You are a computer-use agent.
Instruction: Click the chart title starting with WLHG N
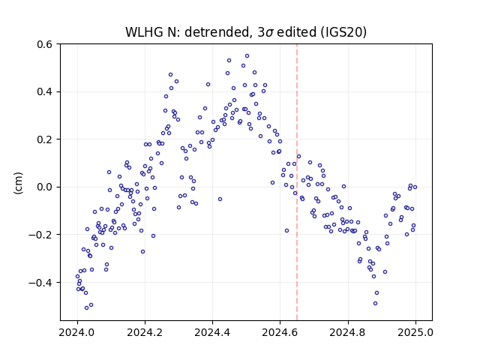tap(246, 31)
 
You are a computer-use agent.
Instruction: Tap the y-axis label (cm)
tap(18, 183)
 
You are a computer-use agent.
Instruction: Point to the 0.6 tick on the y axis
tap(45, 44)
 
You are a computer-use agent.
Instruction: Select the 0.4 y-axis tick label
tap(45, 91)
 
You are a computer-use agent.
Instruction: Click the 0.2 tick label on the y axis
tap(45, 139)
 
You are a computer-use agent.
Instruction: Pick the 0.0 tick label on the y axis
tap(45, 187)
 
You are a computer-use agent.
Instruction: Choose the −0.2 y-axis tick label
tap(40, 235)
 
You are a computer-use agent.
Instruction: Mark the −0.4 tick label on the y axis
tap(40, 282)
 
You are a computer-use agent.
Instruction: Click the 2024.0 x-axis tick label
tap(77, 332)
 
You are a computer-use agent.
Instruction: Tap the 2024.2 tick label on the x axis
tap(145, 332)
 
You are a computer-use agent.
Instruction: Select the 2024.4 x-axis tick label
tap(212, 332)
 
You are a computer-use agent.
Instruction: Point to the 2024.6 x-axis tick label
tap(280, 332)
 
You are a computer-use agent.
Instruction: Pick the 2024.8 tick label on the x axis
tap(348, 332)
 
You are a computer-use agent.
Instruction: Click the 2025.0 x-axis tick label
tap(415, 332)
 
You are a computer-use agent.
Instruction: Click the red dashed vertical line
tap(297, 182)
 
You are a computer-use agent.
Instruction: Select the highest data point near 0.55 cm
tap(247, 56)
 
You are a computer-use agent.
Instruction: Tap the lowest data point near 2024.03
tap(87, 307)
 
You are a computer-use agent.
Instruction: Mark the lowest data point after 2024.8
tap(375, 303)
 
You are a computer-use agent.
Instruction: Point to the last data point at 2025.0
tap(415, 187)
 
